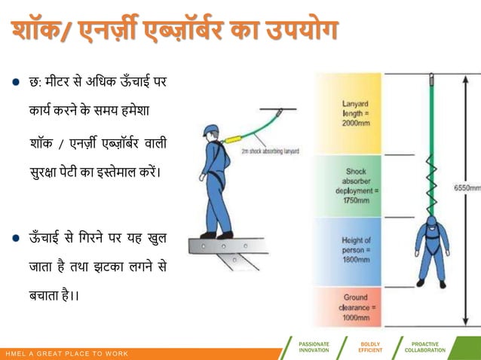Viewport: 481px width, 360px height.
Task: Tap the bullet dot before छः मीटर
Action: pyautogui.click(x=16, y=82)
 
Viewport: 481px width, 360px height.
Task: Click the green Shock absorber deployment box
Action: pyautogui.click(x=348, y=186)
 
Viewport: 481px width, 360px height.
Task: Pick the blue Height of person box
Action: pyautogui.click(x=348, y=251)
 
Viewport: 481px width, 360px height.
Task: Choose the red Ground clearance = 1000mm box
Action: pyautogui.click(x=348, y=307)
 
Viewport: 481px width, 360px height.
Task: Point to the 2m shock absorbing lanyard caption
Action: pyautogui.click(x=270, y=151)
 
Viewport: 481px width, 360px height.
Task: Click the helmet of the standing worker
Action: pyautogui.click(x=210, y=130)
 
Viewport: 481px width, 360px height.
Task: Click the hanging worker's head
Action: pyautogui.click(x=431, y=220)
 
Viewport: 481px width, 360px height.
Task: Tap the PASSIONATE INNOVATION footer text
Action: pyautogui.click(x=314, y=347)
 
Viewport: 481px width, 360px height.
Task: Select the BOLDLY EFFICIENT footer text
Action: pyautogui.click(x=371, y=347)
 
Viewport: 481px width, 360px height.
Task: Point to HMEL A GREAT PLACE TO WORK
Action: pyautogui.click(x=66, y=354)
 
